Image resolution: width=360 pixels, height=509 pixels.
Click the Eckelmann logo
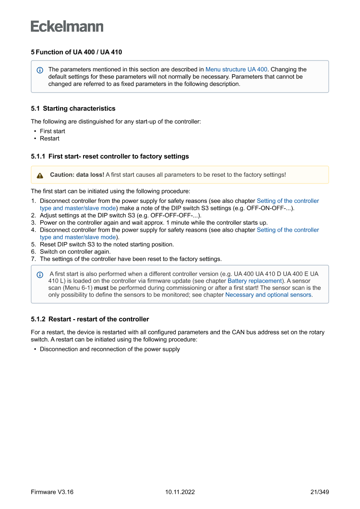(x=67, y=26)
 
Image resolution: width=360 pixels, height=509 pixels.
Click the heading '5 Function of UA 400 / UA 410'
(x=76, y=52)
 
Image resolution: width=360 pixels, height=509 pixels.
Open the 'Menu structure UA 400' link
(x=236, y=69)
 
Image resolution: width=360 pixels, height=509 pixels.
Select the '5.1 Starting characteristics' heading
(x=73, y=108)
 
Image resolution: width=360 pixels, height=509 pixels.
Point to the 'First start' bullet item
(x=52, y=131)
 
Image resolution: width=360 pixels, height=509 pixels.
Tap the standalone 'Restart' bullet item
(x=50, y=138)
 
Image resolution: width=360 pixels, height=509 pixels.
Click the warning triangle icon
(x=40, y=175)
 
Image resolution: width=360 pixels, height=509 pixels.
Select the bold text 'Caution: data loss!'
(x=77, y=175)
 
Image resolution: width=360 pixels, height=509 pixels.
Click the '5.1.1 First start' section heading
(x=110, y=156)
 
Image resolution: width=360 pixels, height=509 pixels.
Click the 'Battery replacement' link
(x=255, y=281)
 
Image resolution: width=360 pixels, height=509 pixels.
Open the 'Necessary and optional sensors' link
(x=268, y=295)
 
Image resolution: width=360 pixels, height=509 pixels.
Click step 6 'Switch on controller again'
(x=75, y=252)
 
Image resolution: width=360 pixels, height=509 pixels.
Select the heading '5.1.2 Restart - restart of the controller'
(x=90, y=319)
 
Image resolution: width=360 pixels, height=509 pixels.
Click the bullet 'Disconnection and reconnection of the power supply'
(x=110, y=349)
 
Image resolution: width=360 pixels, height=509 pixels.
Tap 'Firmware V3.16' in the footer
(x=52, y=492)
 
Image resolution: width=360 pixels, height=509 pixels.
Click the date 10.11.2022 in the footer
(x=180, y=492)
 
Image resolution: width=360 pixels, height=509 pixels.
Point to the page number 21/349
(x=319, y=492)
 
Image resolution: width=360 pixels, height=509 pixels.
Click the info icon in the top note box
(x=40, y=70)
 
